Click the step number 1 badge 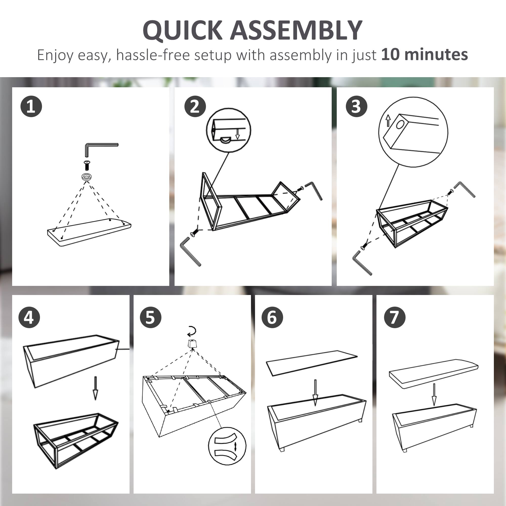[x=31, y=106]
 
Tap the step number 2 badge [x=195, y=106]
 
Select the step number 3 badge [x=356, y=106]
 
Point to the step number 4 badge [x=29, y=317]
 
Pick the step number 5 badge [x=150, y=317]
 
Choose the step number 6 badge [x=272, y=317]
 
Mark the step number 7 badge [x=395, y=317]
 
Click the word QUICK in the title [x=183, y=30]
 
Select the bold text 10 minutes [x=424, y=54]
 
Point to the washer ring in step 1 [x=87, y=177]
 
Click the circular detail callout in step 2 [x=229, y=130]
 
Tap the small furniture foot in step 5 [x=193, y=343]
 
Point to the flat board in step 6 [x=312, y=363]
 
